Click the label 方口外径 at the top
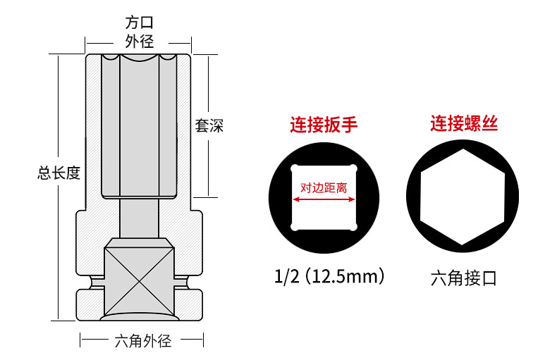[x=138, y=32]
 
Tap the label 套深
[x=209, y=127]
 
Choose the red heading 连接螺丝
[x=465, y=125]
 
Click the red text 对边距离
[x=324, y=189]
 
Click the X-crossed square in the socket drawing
[x=138, y=278]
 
